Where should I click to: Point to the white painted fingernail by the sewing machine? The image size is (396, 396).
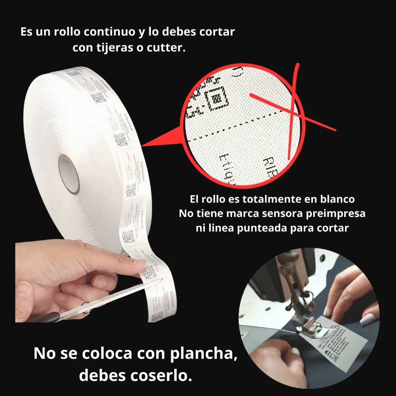point(368,319)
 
